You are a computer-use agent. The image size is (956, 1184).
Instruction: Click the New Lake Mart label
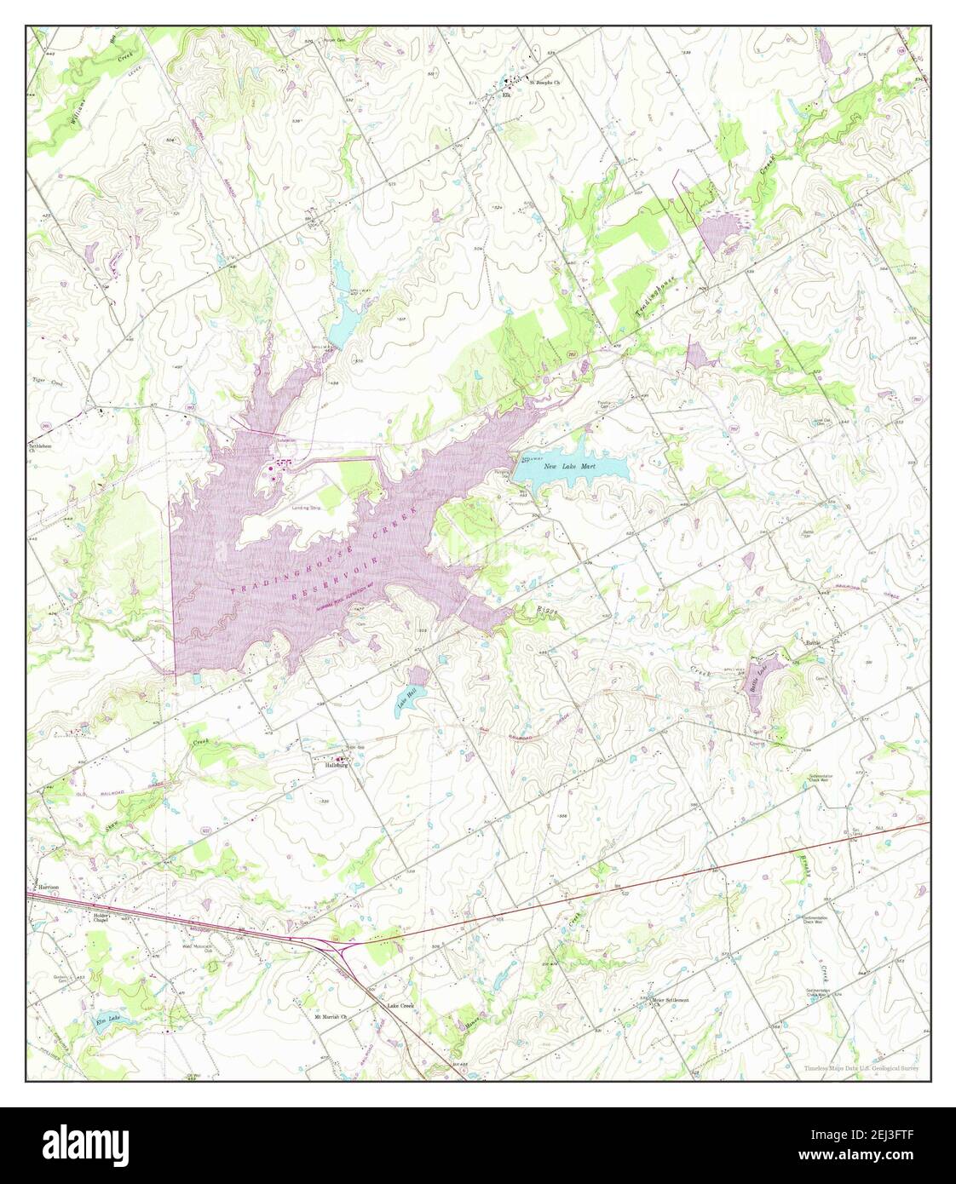point(576,467)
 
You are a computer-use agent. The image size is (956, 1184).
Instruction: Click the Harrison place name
point(48,888)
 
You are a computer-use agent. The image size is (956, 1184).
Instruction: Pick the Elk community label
point(506,95)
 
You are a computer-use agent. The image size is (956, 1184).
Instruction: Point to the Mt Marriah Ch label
point(332,1017)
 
